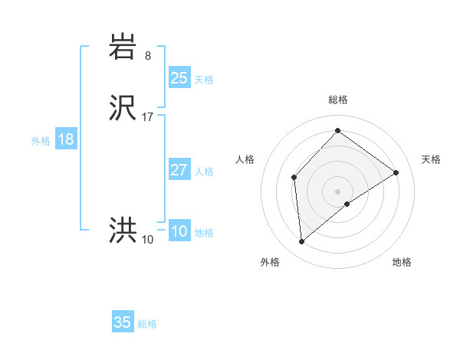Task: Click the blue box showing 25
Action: (179, 78)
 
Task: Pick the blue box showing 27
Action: (179, 170)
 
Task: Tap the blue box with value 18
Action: (66, 139)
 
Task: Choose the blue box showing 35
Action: (123, 322)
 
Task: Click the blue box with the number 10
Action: (179, 231)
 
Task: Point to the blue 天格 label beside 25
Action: (204, 80)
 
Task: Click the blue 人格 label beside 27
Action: (204, 172)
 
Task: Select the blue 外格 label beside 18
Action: (41, 141)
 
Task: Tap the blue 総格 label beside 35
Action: (147, 324)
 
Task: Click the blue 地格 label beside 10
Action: (204, 233)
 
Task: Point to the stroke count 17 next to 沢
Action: (148, 117)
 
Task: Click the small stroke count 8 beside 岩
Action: (148, 55)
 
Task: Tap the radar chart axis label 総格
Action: (338, 100)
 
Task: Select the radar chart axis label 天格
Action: (431, 159)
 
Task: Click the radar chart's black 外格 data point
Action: (302, 242)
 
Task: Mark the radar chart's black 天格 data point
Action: (396, 172)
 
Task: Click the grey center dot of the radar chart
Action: (337, 191)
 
